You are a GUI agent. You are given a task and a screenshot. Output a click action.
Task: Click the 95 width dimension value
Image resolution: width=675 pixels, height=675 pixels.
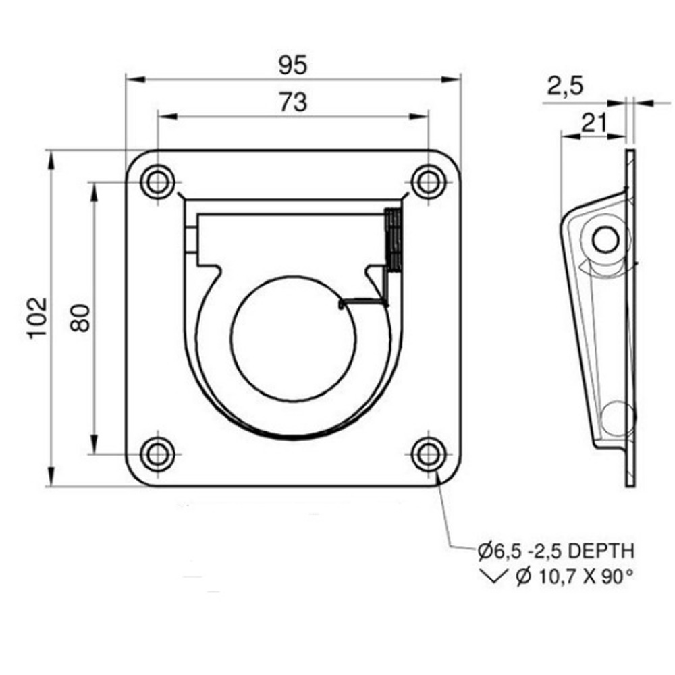[293, 65]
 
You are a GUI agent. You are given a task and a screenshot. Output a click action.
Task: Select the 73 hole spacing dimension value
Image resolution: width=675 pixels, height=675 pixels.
[293, 103]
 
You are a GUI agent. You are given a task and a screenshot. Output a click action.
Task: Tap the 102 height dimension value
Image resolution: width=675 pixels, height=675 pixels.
[37, 318]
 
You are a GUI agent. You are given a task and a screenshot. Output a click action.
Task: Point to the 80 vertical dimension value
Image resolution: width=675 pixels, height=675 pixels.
[80, 318]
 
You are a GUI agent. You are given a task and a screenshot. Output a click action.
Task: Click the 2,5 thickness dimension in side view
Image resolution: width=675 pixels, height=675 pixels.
[565, 86]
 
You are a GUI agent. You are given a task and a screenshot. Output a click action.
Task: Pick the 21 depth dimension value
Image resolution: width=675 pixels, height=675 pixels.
[594, 123]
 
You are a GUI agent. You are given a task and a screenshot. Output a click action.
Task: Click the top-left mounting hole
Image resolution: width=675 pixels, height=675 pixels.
[157, 182]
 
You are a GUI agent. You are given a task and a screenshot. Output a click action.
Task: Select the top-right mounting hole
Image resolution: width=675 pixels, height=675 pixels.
[429, 182]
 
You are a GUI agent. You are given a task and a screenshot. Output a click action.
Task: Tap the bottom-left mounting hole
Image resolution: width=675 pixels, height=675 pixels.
[157, 454]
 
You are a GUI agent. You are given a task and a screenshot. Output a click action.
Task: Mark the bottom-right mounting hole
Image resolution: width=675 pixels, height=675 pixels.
[429, 454]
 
